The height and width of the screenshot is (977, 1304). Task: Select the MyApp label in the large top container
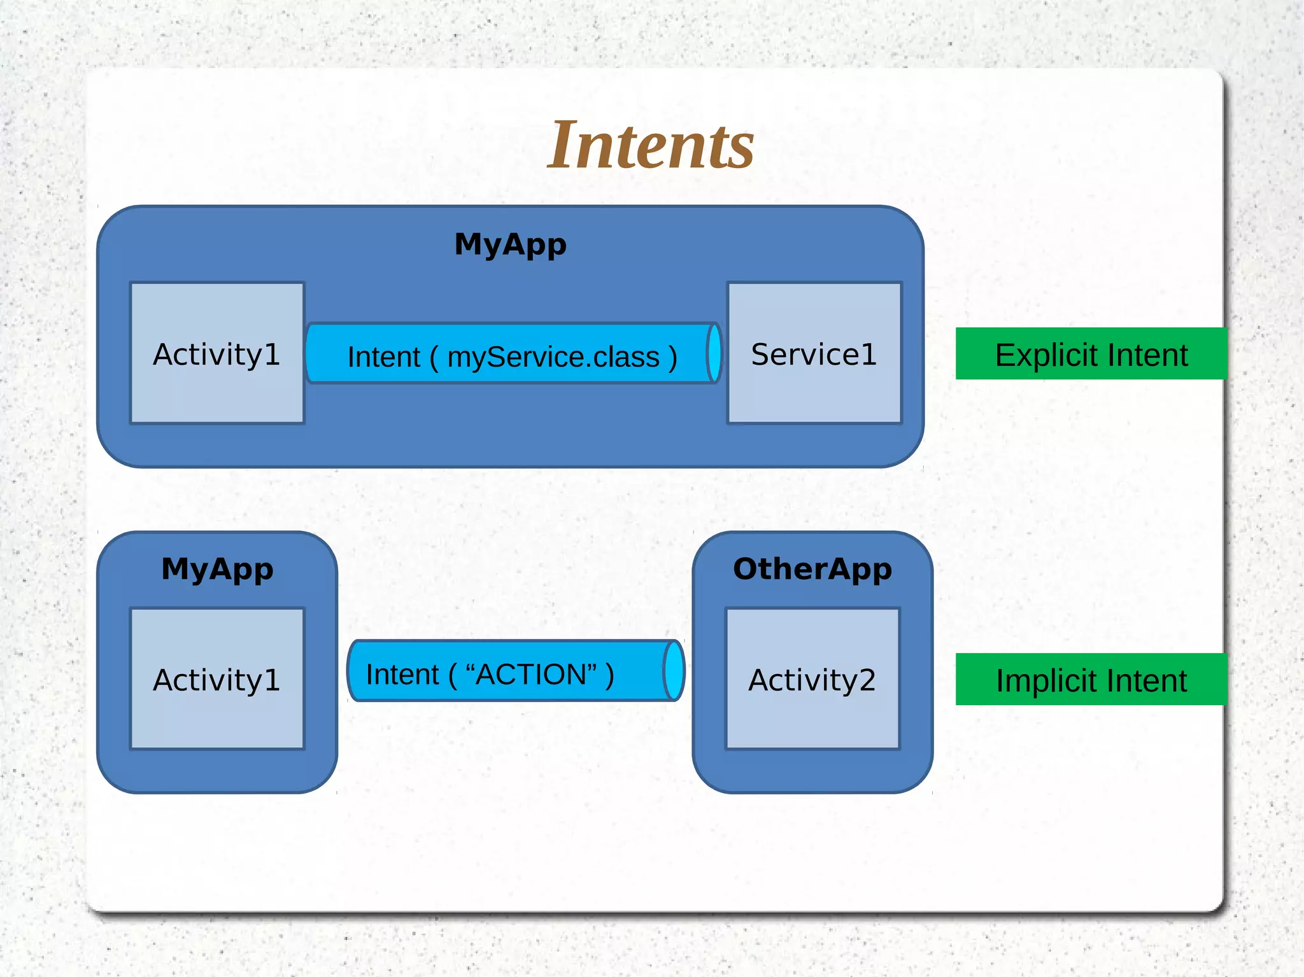pyautogui.click(x=510, y=244)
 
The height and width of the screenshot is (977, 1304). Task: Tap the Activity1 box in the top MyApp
pyautogui.click(x=217, y=353)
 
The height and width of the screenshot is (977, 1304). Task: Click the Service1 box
pyautogui.click(x=814, y=353)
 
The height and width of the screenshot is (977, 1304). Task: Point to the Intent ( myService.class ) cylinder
pyautogui.click(x=513, y=354)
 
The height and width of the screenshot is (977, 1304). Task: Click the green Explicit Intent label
pyautogui.click(x=1091, y=354)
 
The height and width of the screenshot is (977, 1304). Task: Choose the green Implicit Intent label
pyautogui.click(x=1091, y=679)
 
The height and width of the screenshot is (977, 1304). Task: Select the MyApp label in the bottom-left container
pyautogui.click(x=217, y=568)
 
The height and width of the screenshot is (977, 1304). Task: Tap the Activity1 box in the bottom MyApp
pyautogui.click(x=217, y=678)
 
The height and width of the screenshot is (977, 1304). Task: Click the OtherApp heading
pyautogui.click(x=812, y=568)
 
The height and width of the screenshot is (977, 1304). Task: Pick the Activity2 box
pyautogui.click(x=812, y=678)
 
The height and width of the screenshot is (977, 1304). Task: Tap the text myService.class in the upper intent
pyautogui.click(x=553, y=356)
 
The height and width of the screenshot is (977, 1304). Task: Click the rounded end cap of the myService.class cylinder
pyautogui.click(x=714, y=353)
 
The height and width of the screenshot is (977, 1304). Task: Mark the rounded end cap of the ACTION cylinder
pyautogui.click(x=674, y=671)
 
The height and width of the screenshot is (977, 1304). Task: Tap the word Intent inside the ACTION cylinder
pyautogui.click(x=402, y=674)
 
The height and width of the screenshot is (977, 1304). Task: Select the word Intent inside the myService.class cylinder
pyautogui.click(x=383, y=356)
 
